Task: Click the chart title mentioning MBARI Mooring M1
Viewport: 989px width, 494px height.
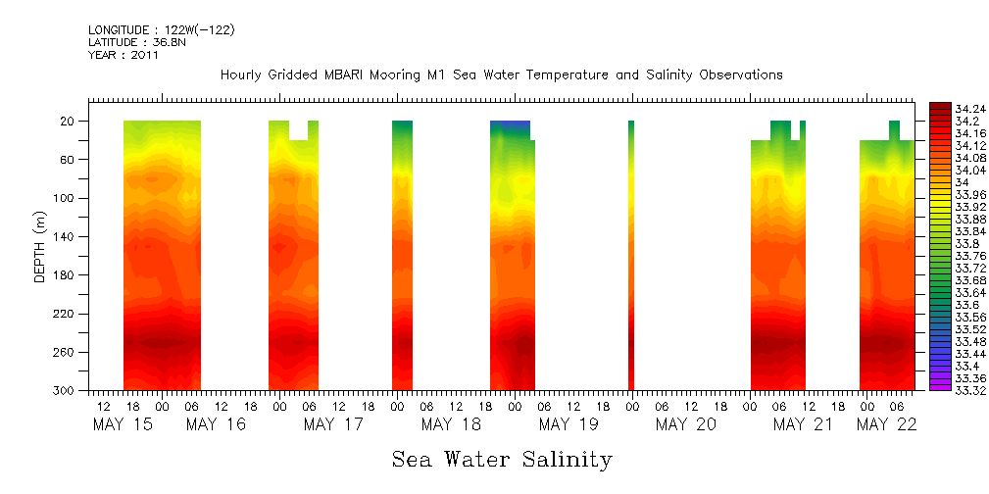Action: [x=501, y=74]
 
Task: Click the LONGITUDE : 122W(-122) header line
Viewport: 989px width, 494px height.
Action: [x=161, y=30]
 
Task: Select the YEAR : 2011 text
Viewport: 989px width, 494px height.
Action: [x=123, y=55]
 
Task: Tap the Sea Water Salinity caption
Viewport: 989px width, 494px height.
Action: [x=502, y=459]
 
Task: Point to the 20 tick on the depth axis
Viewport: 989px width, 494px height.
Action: [x=68, y=122]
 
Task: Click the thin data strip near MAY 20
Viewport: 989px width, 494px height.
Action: [x=631, y=255]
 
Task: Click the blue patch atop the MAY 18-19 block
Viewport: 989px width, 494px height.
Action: [x=510, y=126]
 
